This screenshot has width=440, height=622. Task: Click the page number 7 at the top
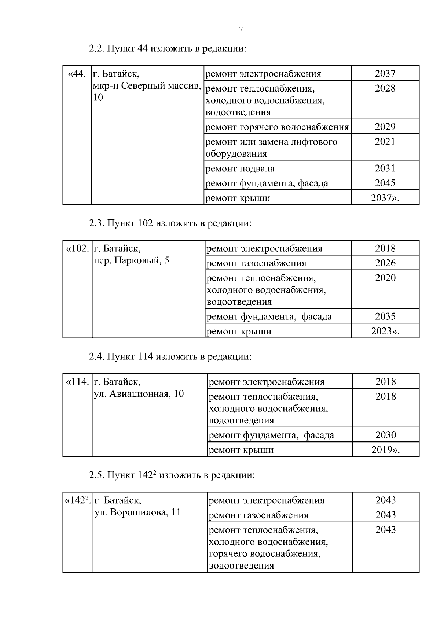[241, 30]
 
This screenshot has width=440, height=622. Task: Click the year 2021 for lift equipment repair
[385, 142]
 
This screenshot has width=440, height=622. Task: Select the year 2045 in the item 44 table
[385, 183]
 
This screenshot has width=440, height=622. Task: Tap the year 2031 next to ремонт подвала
[385, 168]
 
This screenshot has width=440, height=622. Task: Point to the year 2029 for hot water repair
[385, 127]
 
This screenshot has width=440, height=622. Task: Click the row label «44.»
[77, 74]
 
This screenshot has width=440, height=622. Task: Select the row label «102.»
[77, 248]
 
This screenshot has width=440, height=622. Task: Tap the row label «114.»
[77, 382]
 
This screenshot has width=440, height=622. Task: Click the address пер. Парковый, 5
[132, 261]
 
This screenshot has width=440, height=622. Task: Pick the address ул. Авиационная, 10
[139, 394]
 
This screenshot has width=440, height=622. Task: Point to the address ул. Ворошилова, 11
[138, 512]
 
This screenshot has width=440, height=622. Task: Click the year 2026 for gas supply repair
[385, 263]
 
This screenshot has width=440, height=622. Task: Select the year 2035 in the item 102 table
[385, 316]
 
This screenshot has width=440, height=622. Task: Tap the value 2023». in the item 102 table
[385, 331]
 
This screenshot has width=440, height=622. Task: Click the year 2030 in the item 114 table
[386, 435]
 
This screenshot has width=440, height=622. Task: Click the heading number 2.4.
[96, 356]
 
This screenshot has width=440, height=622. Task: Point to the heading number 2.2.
[96, 49]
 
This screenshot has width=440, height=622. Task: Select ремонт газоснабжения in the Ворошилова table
[258, 515]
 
